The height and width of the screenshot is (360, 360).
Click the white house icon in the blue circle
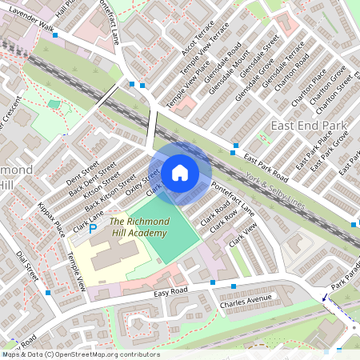[x=180, y=172]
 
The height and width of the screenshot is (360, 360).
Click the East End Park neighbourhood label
[x=308, y=126]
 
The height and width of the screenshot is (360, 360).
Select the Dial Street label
[x=27, y=266]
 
